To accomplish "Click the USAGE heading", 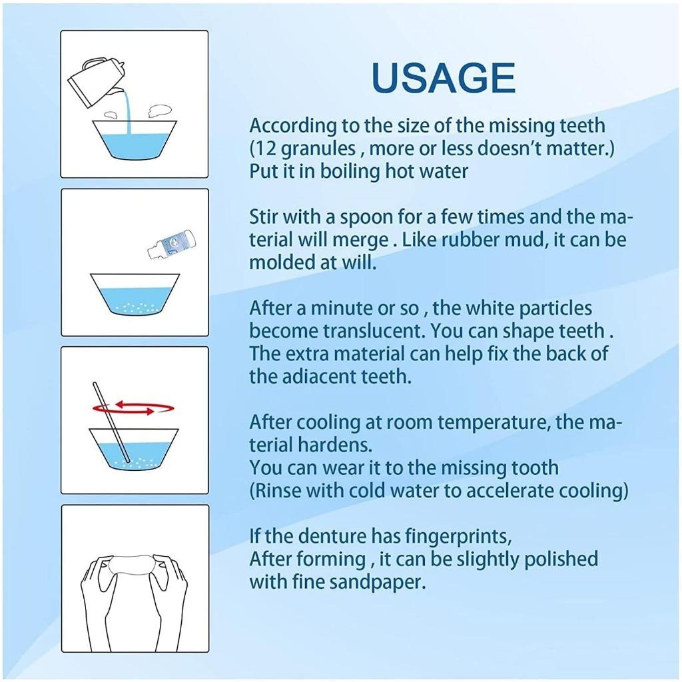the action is click(x=444, y=79).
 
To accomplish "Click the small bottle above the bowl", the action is click(x=171, y=244).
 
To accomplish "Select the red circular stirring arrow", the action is click(x=134, y=408).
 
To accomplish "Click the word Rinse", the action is click(x=277, y=491).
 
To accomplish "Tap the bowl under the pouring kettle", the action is click(x=135, y=140).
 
